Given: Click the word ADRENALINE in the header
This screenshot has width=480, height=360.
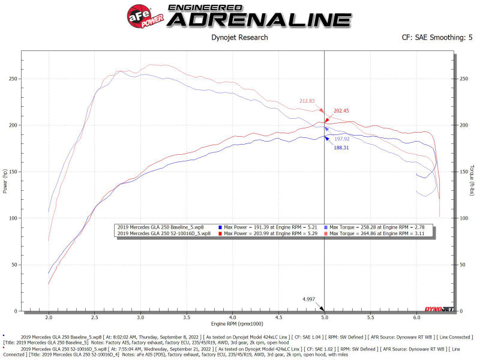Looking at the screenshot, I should [x=259, y=19].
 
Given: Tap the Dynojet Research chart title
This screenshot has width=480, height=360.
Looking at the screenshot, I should [x=240, y=38].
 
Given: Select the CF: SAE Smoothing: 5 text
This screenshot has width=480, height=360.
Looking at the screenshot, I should [x=437, y=38].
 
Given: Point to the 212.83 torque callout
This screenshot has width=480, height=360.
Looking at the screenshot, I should [x=307, y=101].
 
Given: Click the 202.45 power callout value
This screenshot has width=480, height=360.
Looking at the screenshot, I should [x=342, y=110].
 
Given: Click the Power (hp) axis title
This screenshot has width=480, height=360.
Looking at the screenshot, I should [x=6, y=181].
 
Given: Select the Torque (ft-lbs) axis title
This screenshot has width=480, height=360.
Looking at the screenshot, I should [x=472, y=181].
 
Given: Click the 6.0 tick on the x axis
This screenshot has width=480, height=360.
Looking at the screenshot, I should [x=416, y=317].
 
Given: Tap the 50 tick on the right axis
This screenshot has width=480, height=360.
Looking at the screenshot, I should [x=462, y=265].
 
